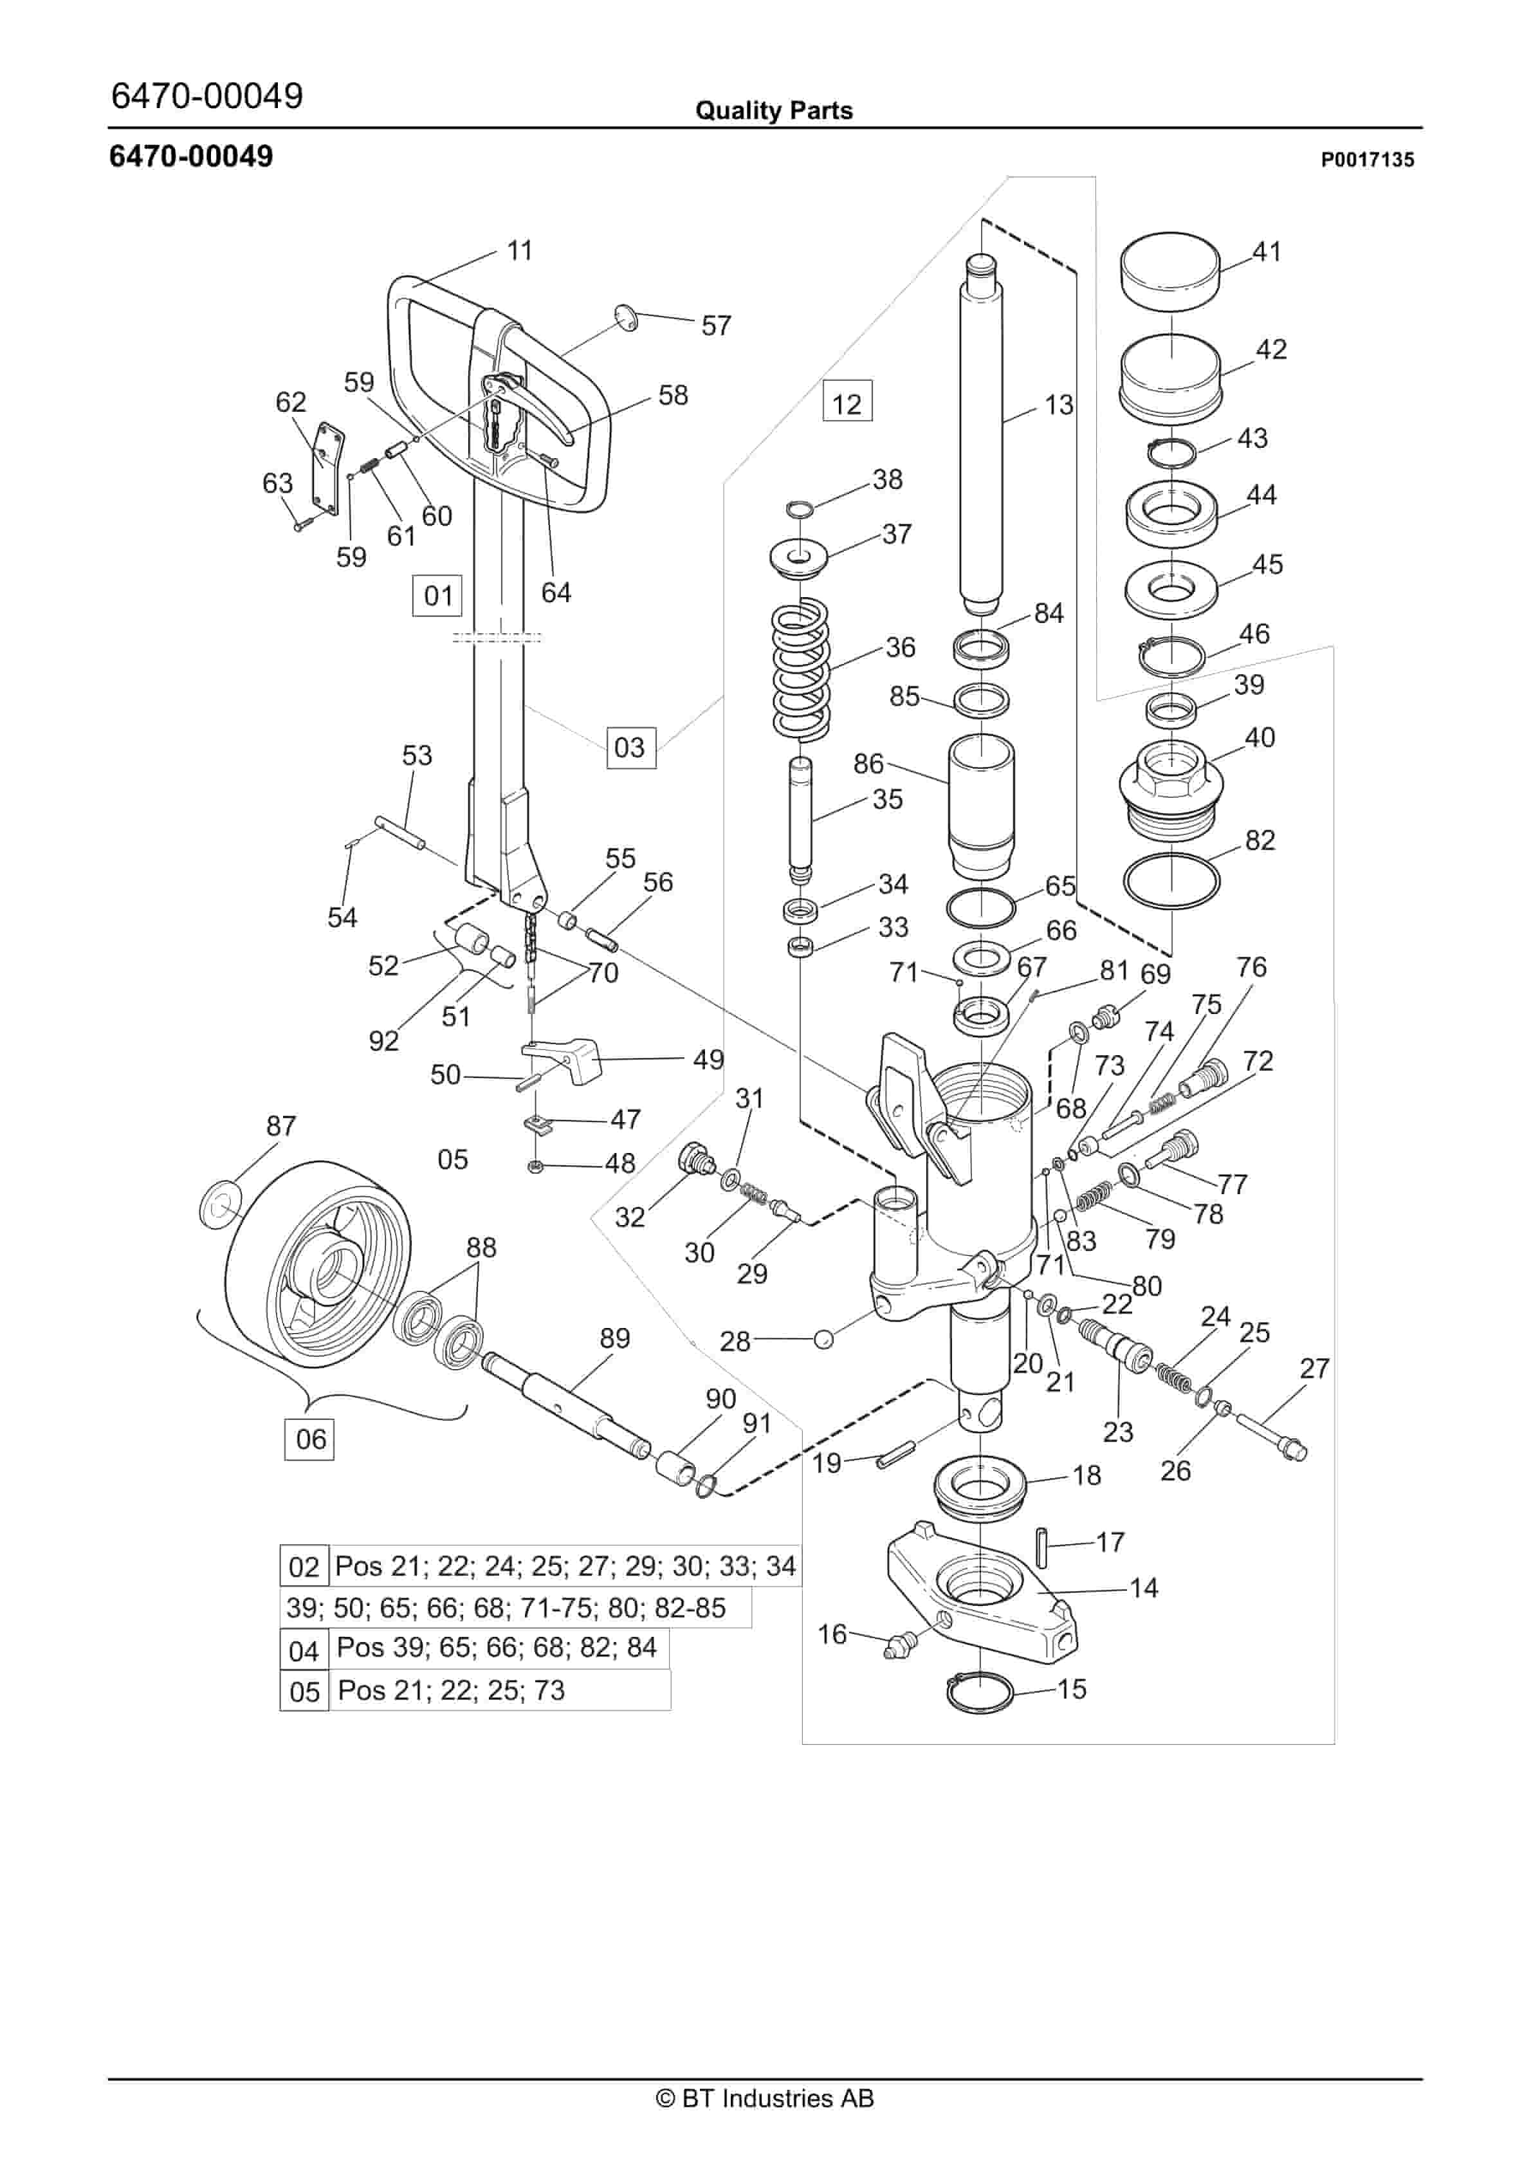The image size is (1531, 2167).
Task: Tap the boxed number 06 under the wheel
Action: [309, 1439]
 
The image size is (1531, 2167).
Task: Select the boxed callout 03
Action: [630, 748]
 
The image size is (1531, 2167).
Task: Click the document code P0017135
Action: [1367, 160]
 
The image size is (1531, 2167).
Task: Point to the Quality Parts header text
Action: [773, 111]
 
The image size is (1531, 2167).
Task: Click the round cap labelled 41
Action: [1170, 270]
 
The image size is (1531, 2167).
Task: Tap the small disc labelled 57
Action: [625, 318]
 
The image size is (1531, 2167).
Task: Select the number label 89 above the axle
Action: [614, 1338]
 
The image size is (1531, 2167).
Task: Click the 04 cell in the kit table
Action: [304, 1651]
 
